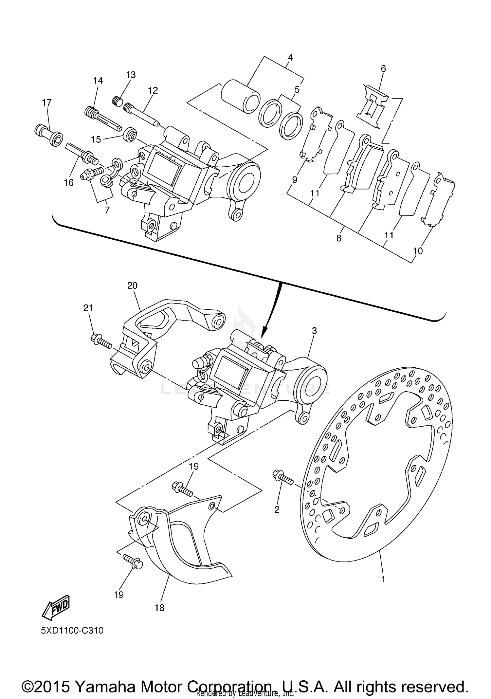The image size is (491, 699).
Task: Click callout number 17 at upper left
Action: (x=47, y=102)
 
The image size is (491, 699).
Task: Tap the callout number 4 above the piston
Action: (x=290, y=58)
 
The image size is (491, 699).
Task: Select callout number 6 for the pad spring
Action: (x=383, y=68)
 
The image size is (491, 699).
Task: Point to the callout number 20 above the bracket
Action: (x=132, y=285)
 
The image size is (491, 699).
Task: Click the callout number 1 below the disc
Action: (x=383, y=579)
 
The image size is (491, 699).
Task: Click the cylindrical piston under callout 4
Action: (x=241, y=97)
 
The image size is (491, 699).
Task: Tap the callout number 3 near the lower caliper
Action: (x=314, y=331)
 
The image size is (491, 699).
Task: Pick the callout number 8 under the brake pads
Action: (x=339, y=238)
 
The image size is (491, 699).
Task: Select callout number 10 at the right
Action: (x=418, y=251)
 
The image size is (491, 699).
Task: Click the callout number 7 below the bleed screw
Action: (x=107, y=210)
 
